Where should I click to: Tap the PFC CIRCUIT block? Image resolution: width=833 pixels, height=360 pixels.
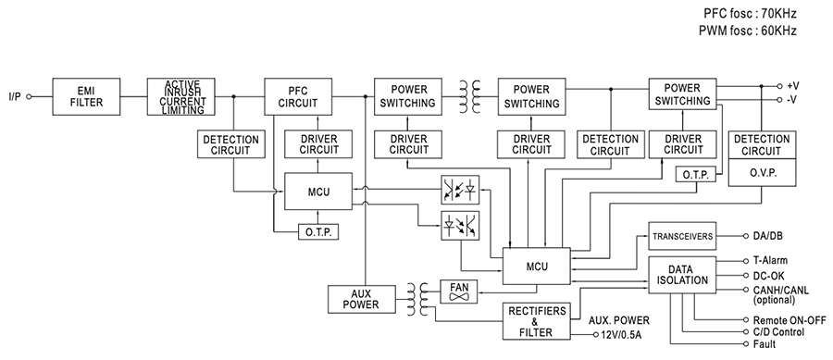coord(299,95)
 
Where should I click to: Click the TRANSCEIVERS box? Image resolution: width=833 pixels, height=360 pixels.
coord(681,237)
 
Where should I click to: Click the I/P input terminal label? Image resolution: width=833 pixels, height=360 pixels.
coord(16,95)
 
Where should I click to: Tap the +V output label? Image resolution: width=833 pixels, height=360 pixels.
coord(792,85)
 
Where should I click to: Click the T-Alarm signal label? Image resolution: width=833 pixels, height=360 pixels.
coord(763,261)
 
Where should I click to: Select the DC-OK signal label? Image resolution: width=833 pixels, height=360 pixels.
coord(761,275)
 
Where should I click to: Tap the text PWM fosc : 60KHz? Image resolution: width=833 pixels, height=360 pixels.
coord(747,31)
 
